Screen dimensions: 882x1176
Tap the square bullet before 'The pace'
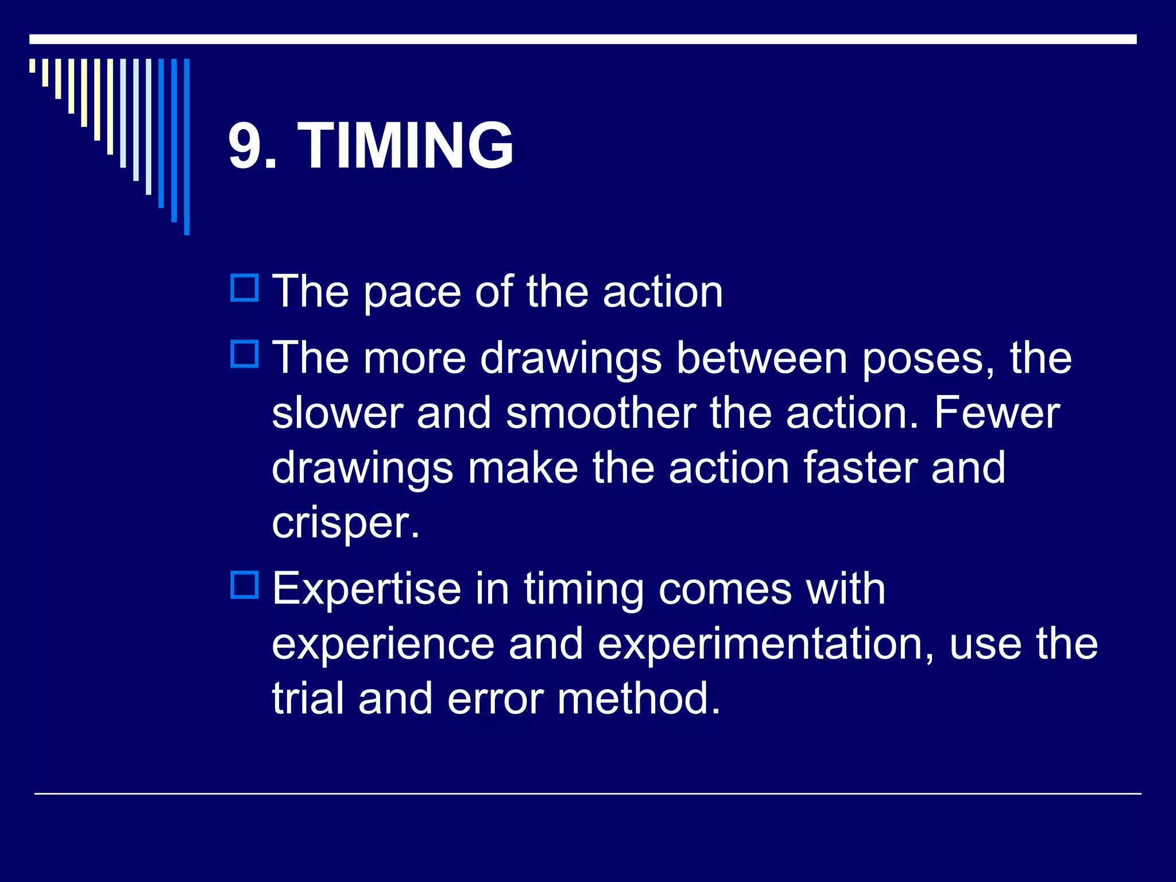tap(245, 288)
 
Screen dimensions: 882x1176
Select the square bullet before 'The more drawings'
tap(245, 354)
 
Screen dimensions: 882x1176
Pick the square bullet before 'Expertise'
tap(245, 585)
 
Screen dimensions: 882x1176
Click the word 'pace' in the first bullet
tap(412, 293)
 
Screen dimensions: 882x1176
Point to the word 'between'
tap(761, 358)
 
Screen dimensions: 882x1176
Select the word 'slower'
tap(336, 413)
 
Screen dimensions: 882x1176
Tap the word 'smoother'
tap(601, 413)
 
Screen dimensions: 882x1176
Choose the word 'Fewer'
tap(997, 413)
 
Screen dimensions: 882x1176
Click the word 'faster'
tap(860, 468)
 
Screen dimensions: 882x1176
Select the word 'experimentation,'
tap(766, 645)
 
